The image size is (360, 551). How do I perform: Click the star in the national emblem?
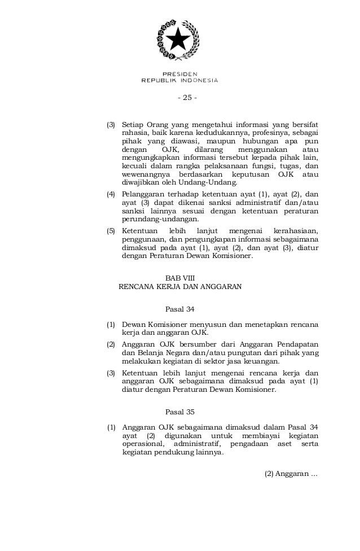(x=179, y=41)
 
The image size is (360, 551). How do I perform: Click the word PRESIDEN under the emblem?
(x=179, y=73)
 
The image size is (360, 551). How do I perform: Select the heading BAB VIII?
(x=180, y=278)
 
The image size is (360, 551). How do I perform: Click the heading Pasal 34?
(x=179, y=309)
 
